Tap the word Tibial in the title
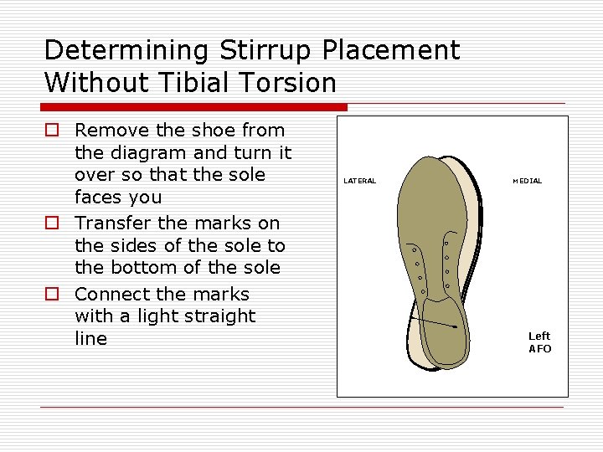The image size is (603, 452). [x=187, y=83]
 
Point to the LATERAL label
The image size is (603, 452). [x=359, y=181]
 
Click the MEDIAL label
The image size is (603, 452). [x=527, y=181]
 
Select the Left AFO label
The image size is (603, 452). [x=539, y=342]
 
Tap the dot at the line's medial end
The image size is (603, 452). [x=456, y=327]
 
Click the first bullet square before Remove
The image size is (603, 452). [x=52, y=131]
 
